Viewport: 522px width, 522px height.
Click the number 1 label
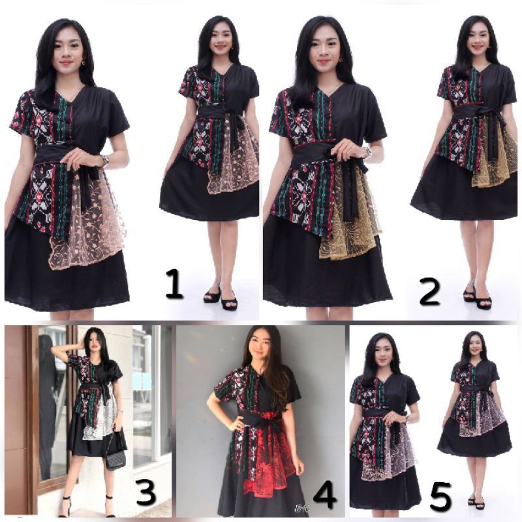174,286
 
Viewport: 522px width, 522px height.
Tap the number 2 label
429,292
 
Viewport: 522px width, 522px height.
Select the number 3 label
146,493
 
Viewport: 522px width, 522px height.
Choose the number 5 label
440,499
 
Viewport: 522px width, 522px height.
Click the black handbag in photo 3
116,458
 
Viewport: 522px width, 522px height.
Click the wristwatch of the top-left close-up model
104,160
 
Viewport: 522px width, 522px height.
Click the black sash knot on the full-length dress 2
489,117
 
